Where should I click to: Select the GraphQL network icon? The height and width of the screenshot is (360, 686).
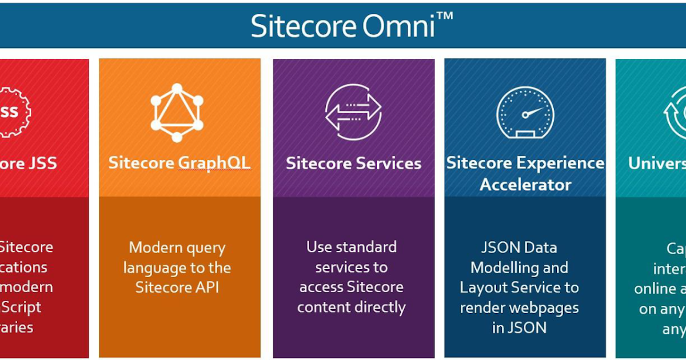(x=177, y=113)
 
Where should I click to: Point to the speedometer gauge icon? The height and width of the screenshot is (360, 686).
(x=525, y=113)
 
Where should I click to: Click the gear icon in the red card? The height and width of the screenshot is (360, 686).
(x=13, y=111)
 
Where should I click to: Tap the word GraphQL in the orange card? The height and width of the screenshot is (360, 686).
(x=214, y=163)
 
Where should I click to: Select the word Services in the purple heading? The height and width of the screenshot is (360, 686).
(x=388, y=163)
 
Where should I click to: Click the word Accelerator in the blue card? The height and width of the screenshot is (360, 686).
(x=525, y=185)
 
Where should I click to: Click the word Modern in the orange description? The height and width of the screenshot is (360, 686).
(x=153, y=248)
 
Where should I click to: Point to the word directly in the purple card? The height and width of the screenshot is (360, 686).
(x=378, y=307)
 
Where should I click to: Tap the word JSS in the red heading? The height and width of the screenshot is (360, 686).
(x=42, y=163)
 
